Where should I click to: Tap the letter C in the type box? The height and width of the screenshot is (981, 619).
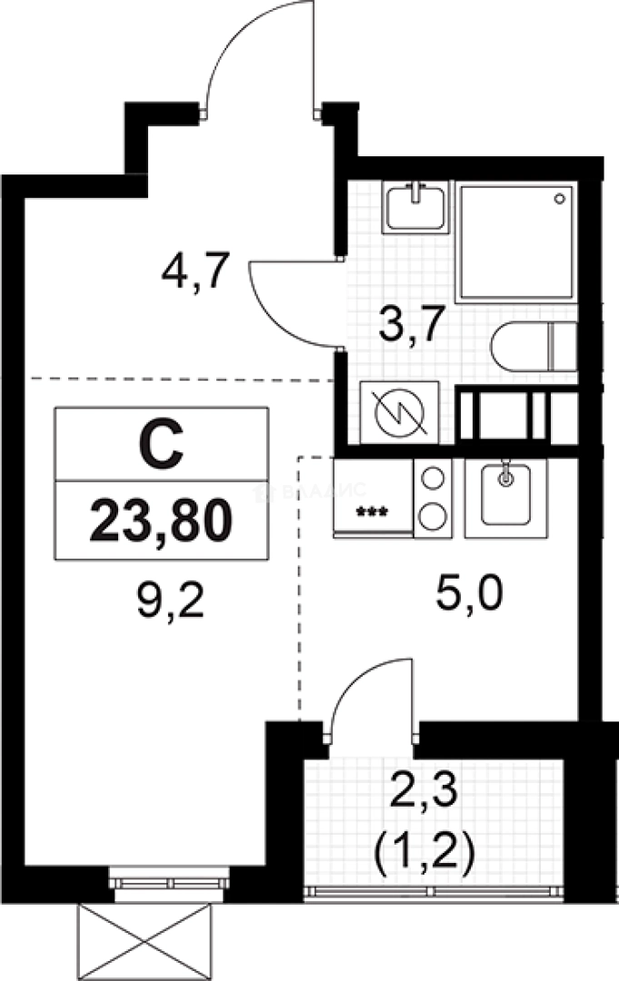point(162,444)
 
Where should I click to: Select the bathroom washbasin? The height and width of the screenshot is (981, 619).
point(414,207)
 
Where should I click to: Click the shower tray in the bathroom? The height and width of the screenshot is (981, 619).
point(515,242)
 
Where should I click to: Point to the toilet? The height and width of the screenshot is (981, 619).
point(533,346)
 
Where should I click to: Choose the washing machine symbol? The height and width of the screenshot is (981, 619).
point(399,412)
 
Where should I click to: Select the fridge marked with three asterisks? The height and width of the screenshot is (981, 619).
point(373,497)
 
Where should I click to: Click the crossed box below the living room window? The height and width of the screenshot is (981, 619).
point(152,939)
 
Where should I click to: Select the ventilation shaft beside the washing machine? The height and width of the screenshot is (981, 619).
point(515,415)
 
